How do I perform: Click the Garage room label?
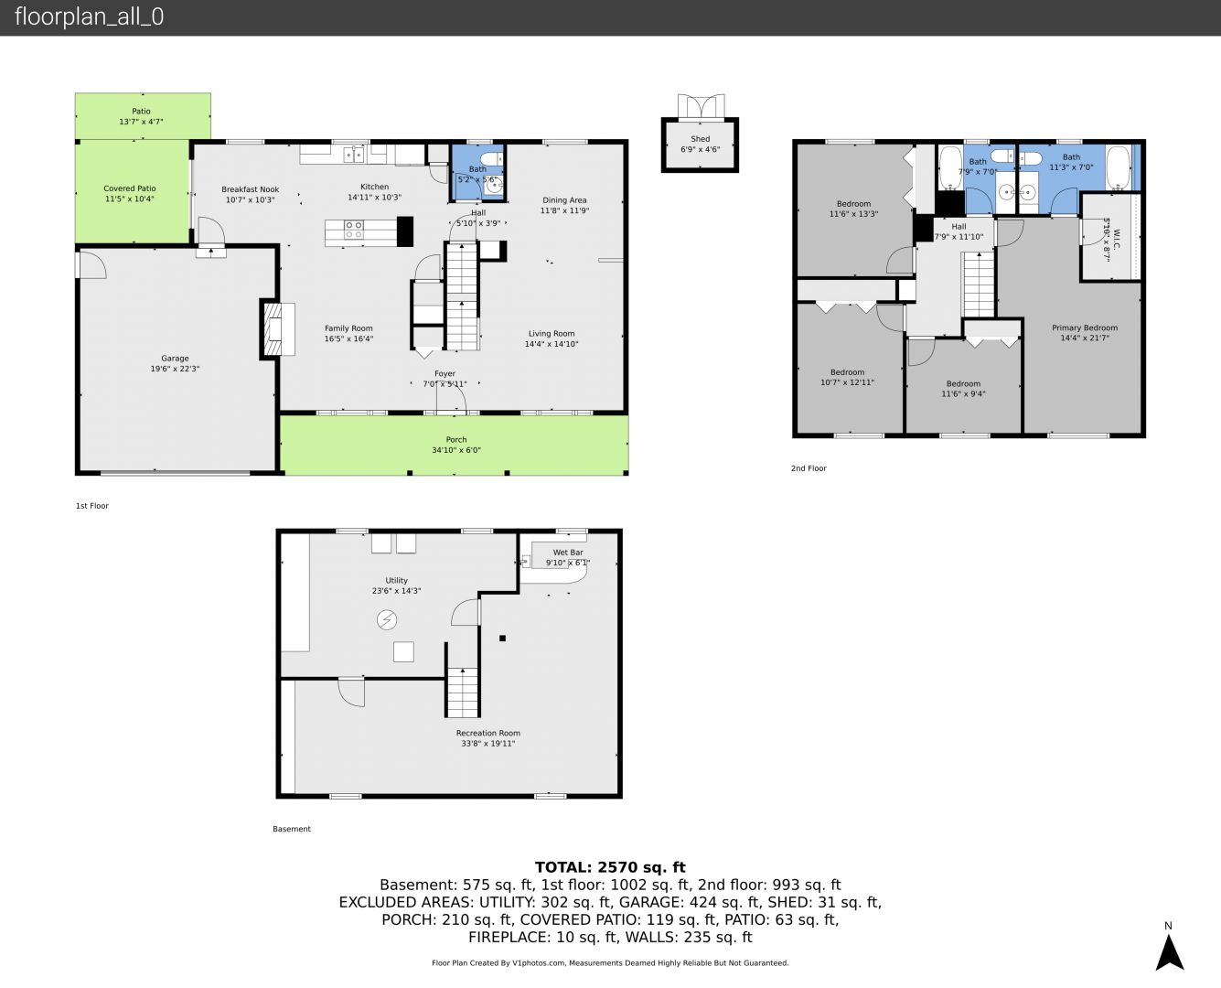(x=175, y=358)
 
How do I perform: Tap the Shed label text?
(x=700, y=139)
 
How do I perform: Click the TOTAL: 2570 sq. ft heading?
(x=610, y=867)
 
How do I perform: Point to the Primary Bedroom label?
(x=1085, y=328)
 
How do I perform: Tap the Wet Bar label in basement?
(x=567, y=553)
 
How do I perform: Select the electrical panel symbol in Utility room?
(x=386, y=620)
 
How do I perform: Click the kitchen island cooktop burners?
(x=353, y=230)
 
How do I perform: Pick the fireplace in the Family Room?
(x=278, y=329)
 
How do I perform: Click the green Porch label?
(x=456, y=440)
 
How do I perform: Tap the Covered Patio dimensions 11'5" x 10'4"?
(x=130, y=199)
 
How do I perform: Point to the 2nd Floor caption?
(x=809, y=468)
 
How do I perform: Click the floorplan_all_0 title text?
(x=90, y=16)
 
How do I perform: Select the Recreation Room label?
(x=487, y=733)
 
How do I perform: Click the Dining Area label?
(x=564, y=200)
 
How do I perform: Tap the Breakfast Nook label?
(x=250, y=189)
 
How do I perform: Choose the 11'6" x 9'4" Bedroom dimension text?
(x=963, y=394)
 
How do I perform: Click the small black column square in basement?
(x=502, y=639)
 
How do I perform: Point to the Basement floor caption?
(x=291, y=829)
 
